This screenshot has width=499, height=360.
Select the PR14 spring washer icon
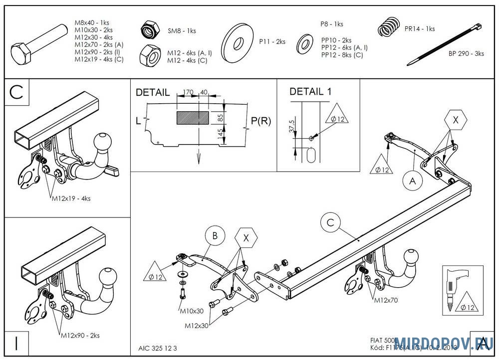pos(389,27)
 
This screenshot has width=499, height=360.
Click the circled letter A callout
pos(412,182)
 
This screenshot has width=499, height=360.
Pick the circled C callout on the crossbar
pos(330,222)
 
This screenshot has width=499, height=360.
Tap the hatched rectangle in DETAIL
pos(193,118)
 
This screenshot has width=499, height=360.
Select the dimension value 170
pos(188,92)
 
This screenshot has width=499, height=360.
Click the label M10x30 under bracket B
pos(192,311)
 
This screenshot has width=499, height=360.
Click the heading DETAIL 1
pos(310,92)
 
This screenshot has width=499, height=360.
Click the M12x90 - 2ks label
pos(79,335)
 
